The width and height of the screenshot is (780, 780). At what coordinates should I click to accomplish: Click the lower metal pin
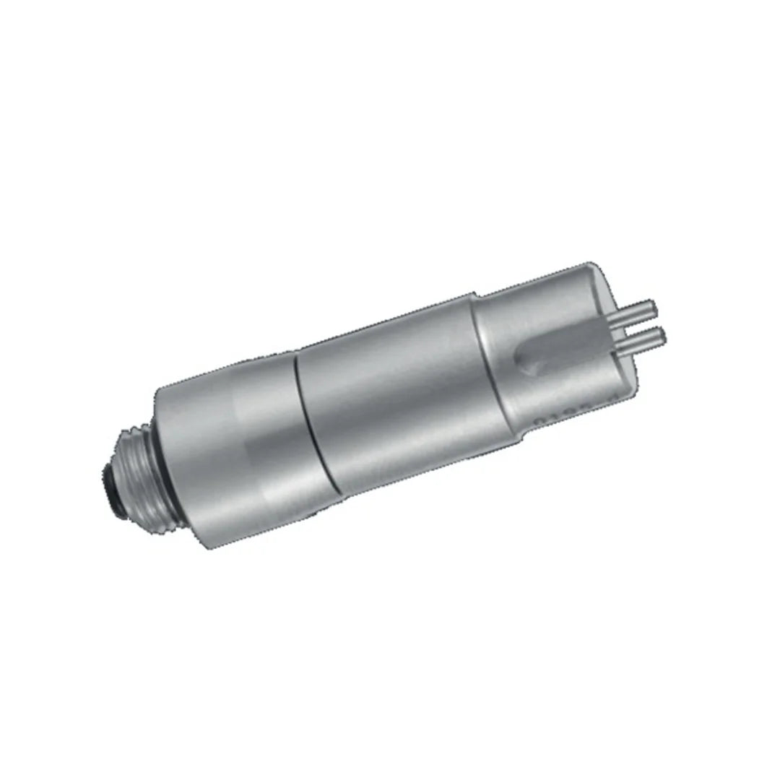(x=645, y=337)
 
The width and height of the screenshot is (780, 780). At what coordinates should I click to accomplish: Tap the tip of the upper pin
(x=654, y=305)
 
